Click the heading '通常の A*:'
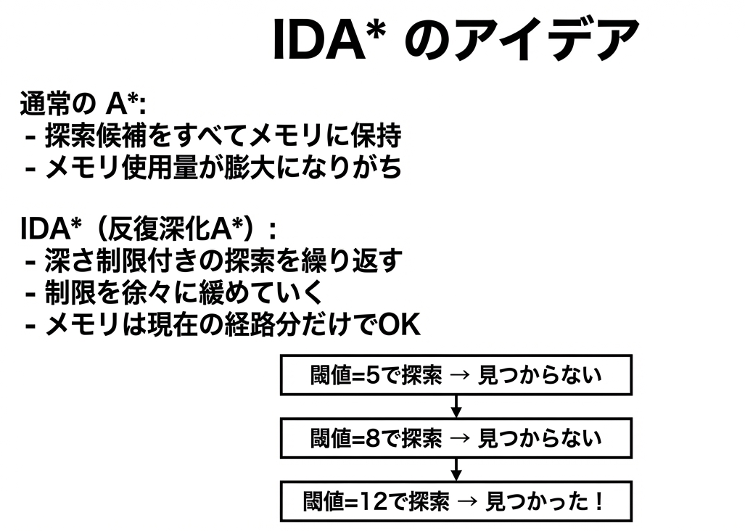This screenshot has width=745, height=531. [83, 103]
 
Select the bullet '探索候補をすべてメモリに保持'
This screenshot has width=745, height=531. [223, 136]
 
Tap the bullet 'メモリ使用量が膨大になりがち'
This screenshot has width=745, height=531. [223, 167]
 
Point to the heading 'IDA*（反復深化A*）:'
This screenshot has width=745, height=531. [148, 229]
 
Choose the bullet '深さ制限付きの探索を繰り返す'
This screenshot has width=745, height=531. [223, 260]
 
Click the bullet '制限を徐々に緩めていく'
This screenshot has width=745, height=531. [184, 292]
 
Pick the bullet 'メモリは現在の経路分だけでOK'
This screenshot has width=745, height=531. [233, 325]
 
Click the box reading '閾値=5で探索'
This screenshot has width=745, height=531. [456, 375]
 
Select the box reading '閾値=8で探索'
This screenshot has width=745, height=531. [456, 438]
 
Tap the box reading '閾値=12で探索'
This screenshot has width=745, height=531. [456, 501]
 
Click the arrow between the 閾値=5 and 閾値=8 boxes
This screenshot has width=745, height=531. [456, 406]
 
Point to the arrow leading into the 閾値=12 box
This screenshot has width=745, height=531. [456, 470]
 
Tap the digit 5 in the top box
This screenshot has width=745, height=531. [374, 375]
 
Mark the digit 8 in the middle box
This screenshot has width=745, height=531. [374, 438]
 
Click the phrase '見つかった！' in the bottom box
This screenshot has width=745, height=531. [545, 501]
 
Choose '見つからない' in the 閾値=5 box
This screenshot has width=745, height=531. [540, 375]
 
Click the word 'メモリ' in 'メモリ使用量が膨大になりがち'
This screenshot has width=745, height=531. [81, 168]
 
